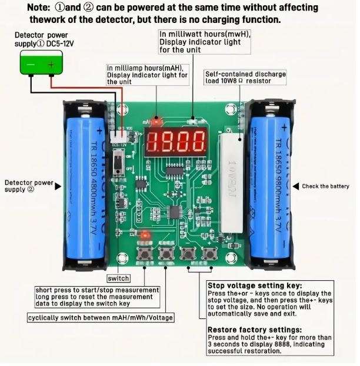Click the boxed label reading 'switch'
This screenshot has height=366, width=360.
[118, 278]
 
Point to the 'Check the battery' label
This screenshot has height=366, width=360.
[325, 186]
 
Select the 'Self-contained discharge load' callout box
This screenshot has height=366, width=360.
[245, 78]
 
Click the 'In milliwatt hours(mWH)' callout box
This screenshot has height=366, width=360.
[205, 42]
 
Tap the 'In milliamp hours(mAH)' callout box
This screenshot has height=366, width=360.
[148, 75]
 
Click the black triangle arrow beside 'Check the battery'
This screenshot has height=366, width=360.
[295, 186]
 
